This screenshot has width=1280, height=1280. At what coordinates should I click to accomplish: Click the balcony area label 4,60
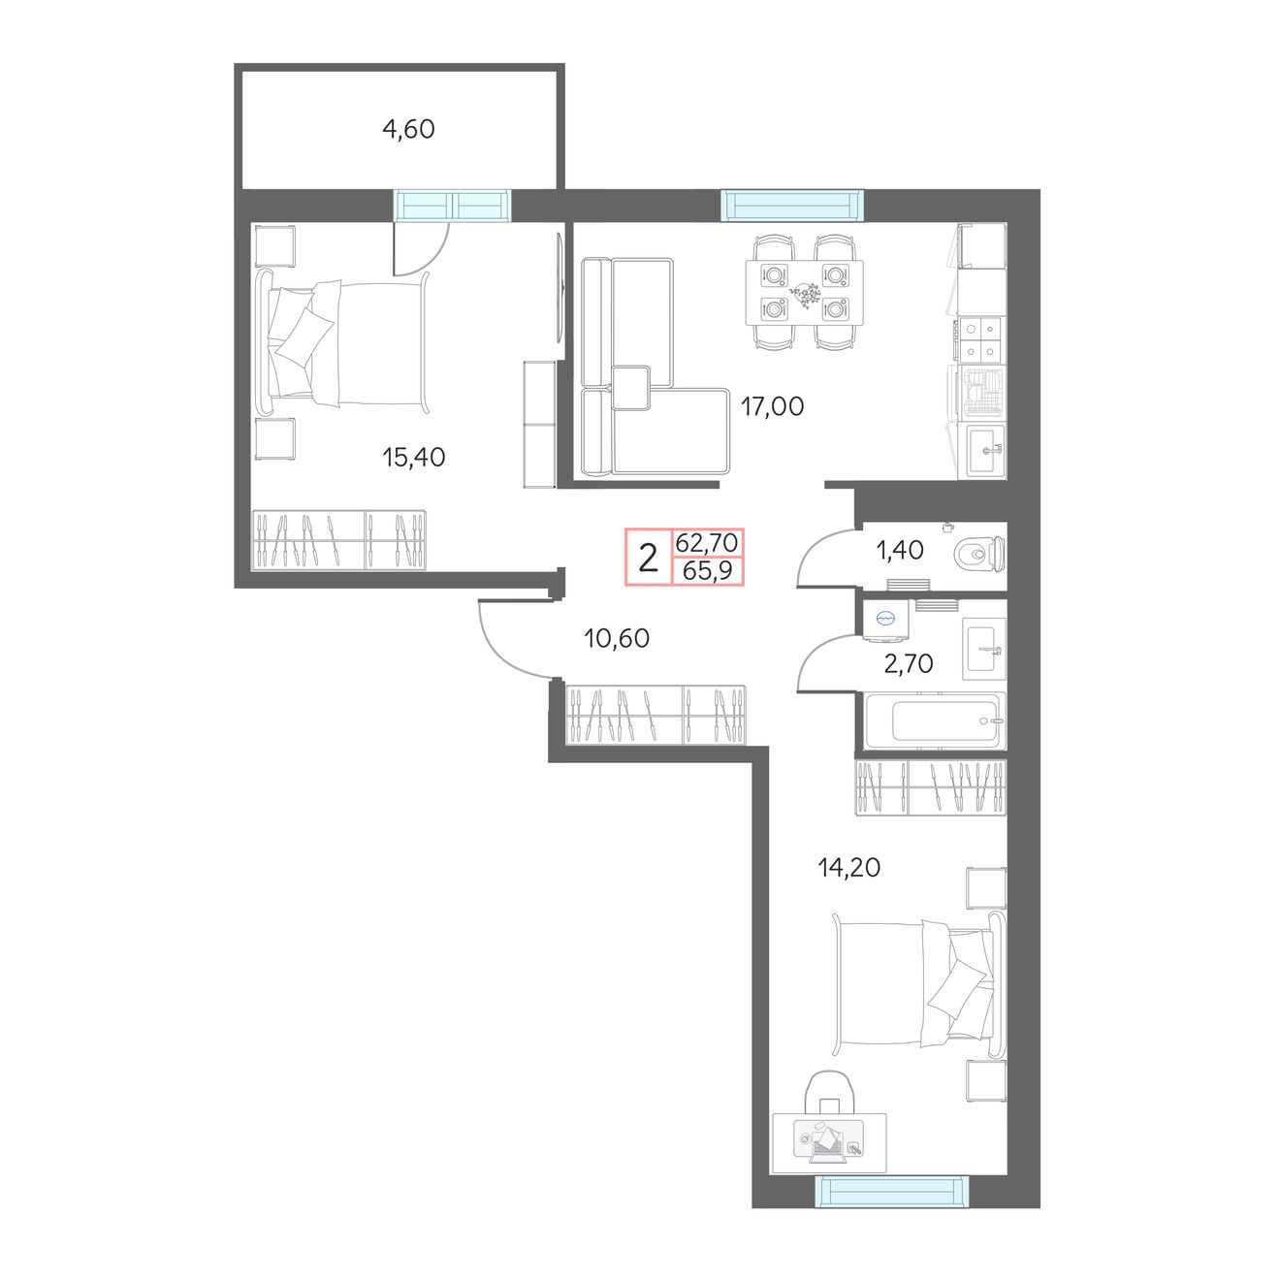[x=408, y=129]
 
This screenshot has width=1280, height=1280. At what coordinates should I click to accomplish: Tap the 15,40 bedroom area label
[x=413, y=457]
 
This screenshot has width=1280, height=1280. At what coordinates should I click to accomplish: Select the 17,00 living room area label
[x=772, y=406]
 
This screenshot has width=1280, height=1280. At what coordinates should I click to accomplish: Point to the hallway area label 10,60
[x=617, y=638]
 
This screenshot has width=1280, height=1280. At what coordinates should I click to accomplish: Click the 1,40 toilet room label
[x=900, y=550]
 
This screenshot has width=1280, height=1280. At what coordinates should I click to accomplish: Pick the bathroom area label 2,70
[x=909, y=663]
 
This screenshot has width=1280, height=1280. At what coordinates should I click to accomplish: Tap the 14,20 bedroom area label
[x=849, y=868]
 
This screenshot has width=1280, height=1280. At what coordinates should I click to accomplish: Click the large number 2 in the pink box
[x=648, y=558]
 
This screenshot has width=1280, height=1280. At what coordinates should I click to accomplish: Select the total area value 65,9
[x=708, y=570]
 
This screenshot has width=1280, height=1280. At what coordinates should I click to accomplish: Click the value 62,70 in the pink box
[x=707, y=543]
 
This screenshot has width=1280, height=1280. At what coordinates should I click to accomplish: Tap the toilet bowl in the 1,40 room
[x=979, y=554]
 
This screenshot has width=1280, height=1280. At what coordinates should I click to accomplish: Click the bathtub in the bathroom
[x=935, y=720]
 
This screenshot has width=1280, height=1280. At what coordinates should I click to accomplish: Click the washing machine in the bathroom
[x=886, y=620]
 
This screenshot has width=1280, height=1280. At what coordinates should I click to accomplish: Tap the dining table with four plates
[x=805, y=292]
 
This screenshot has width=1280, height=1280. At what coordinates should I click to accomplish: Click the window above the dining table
[x=792, y=205]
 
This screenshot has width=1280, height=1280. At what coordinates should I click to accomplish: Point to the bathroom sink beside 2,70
[x=983, y=649]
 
